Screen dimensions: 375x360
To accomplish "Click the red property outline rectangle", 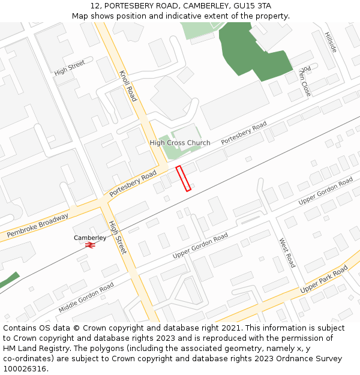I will coord(183,179).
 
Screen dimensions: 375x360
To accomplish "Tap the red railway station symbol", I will coord(90,245).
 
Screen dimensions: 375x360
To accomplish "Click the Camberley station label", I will coord(90,238).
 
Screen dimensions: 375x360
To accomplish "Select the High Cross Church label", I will coord(180,143).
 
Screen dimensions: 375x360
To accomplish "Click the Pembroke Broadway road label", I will coord(37,224).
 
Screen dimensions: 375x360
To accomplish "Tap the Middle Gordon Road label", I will coord(86,298).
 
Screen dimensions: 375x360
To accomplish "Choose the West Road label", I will coord(287,253).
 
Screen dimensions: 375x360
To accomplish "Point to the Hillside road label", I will coord(331,42).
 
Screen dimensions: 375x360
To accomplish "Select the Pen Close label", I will coord(305,82).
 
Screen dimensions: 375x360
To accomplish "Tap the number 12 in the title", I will coord(95,5).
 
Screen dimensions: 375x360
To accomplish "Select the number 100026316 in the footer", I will coord(23,369).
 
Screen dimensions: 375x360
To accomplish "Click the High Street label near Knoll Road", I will coord(70,67).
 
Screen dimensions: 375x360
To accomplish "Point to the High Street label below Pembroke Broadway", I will coord(117,237).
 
